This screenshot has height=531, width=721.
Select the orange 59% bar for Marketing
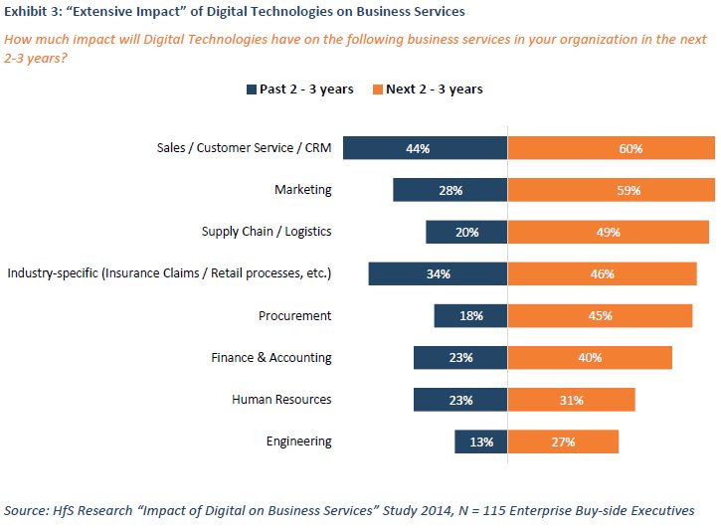(610, 190)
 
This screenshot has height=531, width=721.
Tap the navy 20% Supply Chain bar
(466, 232)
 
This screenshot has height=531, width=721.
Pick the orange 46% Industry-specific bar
(602, 273)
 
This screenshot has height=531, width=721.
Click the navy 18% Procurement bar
(470, 315)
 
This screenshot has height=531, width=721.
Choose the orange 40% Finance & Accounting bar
(590, 357)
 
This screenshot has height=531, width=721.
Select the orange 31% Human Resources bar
(571, 399)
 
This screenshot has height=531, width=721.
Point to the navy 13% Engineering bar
(481, 442)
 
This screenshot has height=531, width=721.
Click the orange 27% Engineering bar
(563, 442)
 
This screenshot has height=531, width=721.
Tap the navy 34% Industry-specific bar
(438, 273)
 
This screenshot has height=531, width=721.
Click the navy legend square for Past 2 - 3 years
(252, 89)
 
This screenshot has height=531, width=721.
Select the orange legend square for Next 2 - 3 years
(378, 89)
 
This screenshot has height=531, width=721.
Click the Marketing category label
(302, 190)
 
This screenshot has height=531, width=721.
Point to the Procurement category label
(294, 315)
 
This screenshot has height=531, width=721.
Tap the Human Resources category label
(281, 399)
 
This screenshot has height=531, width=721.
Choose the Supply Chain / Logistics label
(267, 232)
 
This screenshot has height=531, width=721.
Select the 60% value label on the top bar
(630, 148)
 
